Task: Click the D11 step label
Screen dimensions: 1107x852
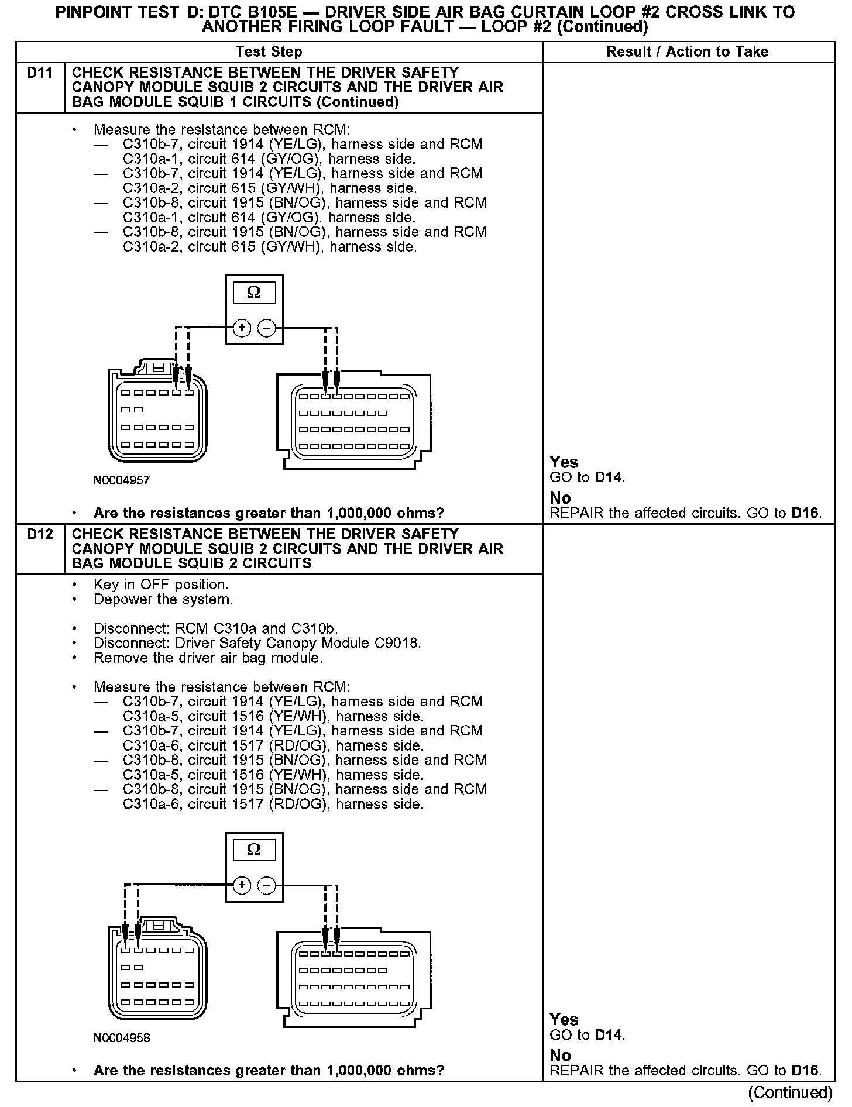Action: pyautogui.click(x=40, y=73)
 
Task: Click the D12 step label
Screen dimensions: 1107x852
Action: pyautogui.click(x=40, y=534)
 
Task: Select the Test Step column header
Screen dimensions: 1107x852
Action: pyautogui.click(x=269, y=52)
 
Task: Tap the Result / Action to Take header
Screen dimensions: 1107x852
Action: pyautogui.click(x=687, y=52)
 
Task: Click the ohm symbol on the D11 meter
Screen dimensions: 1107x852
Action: pyautogui.click(x=254, y=292)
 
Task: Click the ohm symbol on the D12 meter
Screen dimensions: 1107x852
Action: pyautogui.click(x=254, y=850)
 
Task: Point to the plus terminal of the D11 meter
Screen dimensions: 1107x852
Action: pyautogui.click(x=242, y=328)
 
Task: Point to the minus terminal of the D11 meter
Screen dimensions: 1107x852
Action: pyautogui.click(x=266, y=328)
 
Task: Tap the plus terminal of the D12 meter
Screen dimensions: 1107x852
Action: pyautogui.click(x=242, y=885)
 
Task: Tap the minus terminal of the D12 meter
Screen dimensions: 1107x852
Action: pyautogui.click(x=266, y=885)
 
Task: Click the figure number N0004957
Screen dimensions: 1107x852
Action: pyautogui.click(x=122, y=480)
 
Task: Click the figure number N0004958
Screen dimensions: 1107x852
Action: pyautogui.click(x=122, y=1038)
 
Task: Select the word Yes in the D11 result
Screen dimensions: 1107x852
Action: pyautogui.click(x=564, y=462)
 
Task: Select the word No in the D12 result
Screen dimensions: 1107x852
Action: pyautogui.click(x=560, y=1055)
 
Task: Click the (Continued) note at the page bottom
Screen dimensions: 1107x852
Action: pyautogui.click(x=790, y=1092)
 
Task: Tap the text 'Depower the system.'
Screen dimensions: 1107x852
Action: pyautogui.click(x=163, y=600)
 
